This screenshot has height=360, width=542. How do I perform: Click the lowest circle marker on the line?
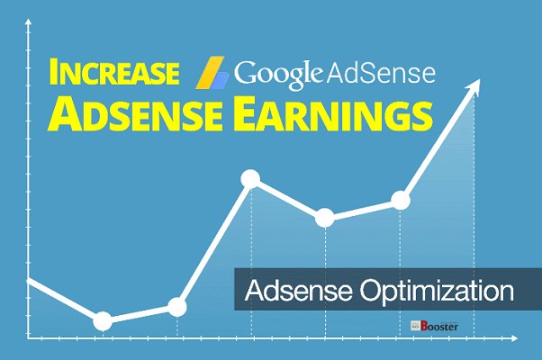(103, 320)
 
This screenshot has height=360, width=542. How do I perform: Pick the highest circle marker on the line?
(251, 178)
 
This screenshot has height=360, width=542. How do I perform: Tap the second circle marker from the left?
(177, 307)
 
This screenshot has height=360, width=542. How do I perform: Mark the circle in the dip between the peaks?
(324, 217)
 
